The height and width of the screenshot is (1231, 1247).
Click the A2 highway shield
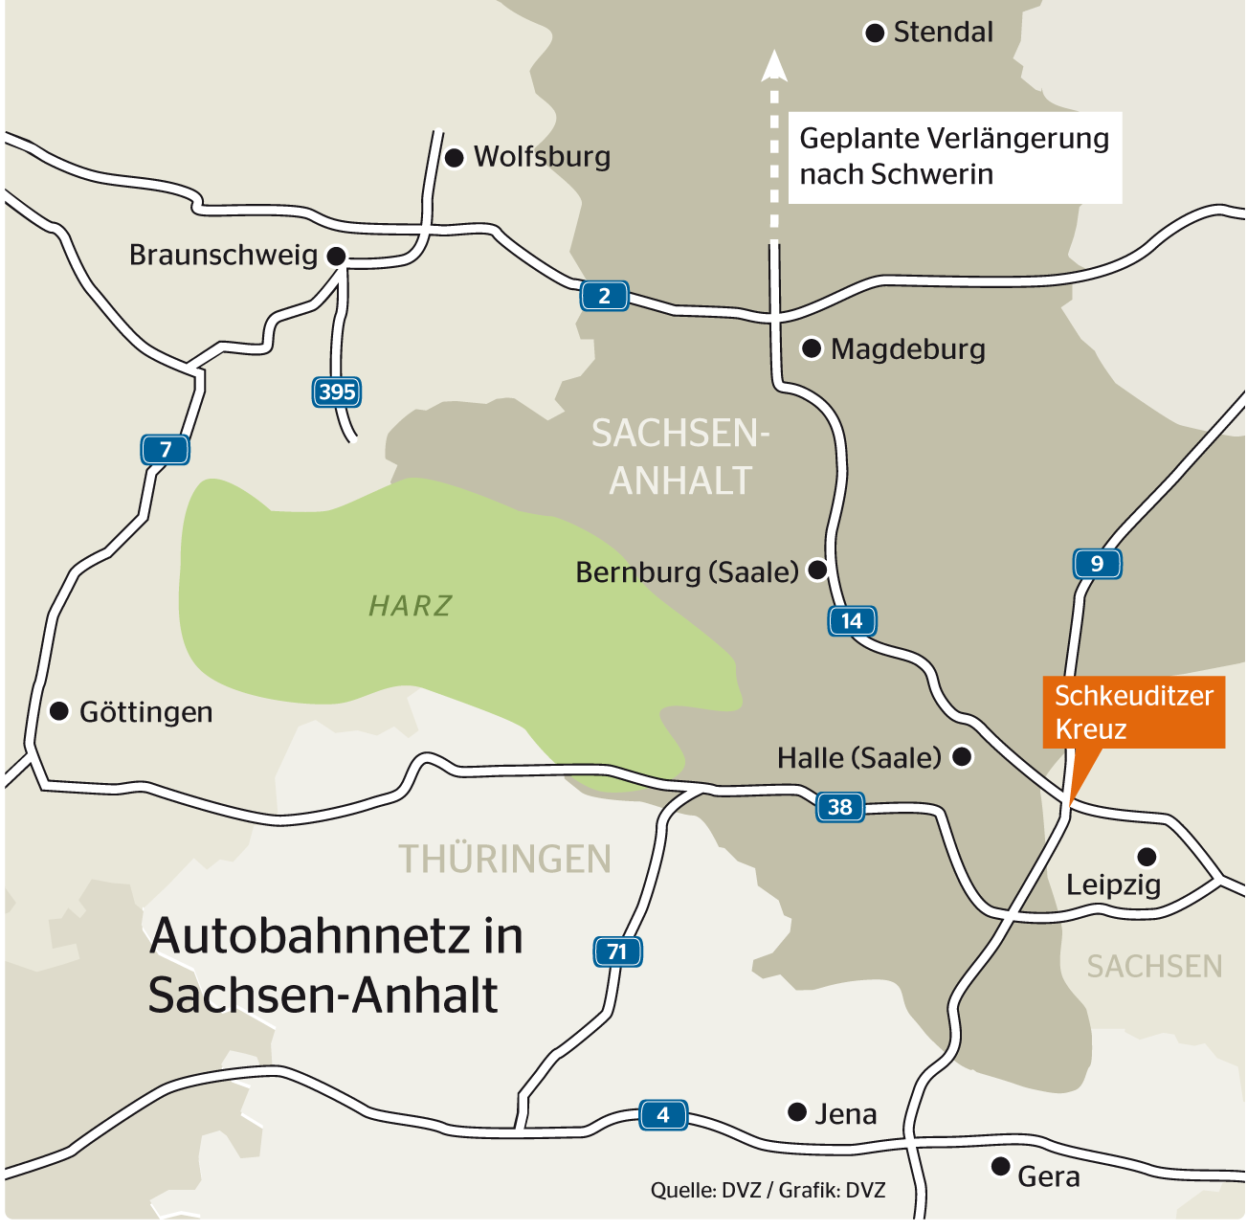(x=604, y=296)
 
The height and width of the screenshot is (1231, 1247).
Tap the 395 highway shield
(x=337, y=392)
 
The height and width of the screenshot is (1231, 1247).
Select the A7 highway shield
(x=166, y=449)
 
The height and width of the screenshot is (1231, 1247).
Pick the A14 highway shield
(x=852, y=621)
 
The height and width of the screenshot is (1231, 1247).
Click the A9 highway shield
(x=1097, y=564)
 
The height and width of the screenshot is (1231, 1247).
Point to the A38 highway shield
(x=839, y=807)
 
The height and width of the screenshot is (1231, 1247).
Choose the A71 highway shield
(x=617, y=951)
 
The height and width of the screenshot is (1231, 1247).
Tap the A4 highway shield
(x=663, y=1114)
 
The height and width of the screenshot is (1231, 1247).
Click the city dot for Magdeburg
(x=812, y=348)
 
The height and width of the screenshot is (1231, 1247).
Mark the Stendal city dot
(x=875, y=34)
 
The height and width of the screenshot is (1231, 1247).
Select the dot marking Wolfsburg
(x=455, y=157)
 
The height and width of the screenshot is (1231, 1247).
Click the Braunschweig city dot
(x=336, y=257)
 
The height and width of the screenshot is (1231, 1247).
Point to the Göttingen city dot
(x=59, y=711)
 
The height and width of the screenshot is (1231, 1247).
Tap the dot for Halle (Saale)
(x=962, y=757)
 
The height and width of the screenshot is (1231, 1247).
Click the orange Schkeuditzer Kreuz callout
(x=1133, y=712)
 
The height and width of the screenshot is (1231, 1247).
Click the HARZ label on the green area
(x=411, y=606)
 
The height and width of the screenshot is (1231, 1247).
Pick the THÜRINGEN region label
(x=504, y=859)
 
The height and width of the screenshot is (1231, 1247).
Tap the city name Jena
(x=846, y=1113)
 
